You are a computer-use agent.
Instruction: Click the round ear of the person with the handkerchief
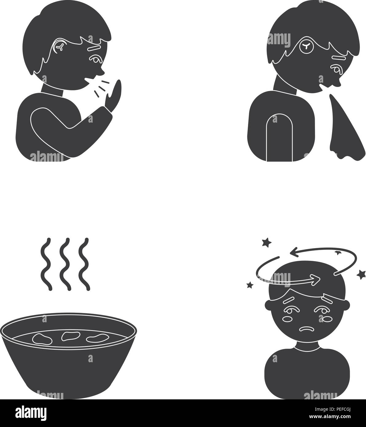tap(306, 46)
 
